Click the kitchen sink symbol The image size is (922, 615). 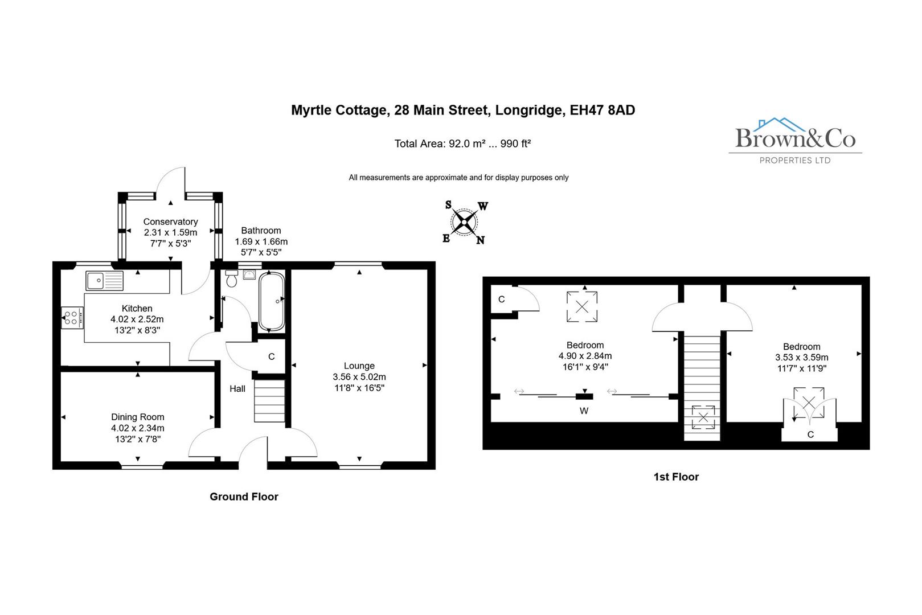104,281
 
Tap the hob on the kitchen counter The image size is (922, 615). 72,318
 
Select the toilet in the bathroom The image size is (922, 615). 231,279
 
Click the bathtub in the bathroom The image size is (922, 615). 272,302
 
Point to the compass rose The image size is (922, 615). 465,222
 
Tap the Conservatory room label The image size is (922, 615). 170,222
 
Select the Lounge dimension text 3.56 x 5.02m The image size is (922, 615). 359,377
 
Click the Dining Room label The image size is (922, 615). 138,417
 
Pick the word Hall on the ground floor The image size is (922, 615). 237,388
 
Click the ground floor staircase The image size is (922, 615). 269,401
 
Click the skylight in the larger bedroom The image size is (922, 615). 582,306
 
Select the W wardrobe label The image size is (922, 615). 584,411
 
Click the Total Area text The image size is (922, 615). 462,143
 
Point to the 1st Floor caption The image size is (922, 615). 676,477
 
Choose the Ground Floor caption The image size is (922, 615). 244,497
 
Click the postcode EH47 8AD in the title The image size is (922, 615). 603,110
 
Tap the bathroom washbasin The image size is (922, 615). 249,275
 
